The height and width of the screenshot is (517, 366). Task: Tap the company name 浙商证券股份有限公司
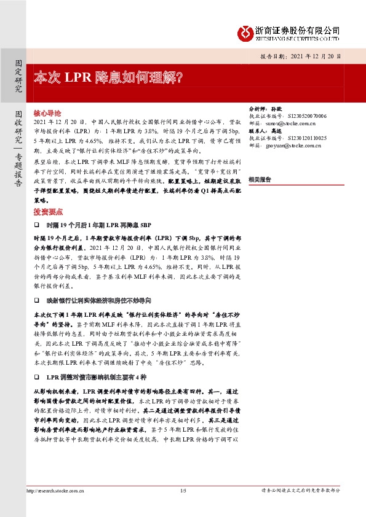[x=298, y=30]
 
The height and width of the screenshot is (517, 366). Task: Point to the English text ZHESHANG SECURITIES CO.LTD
[x=298, y=38]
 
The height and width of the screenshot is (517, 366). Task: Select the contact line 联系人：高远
[x=263, y=131]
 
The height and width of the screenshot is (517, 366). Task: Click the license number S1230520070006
[x=307, y=115]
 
